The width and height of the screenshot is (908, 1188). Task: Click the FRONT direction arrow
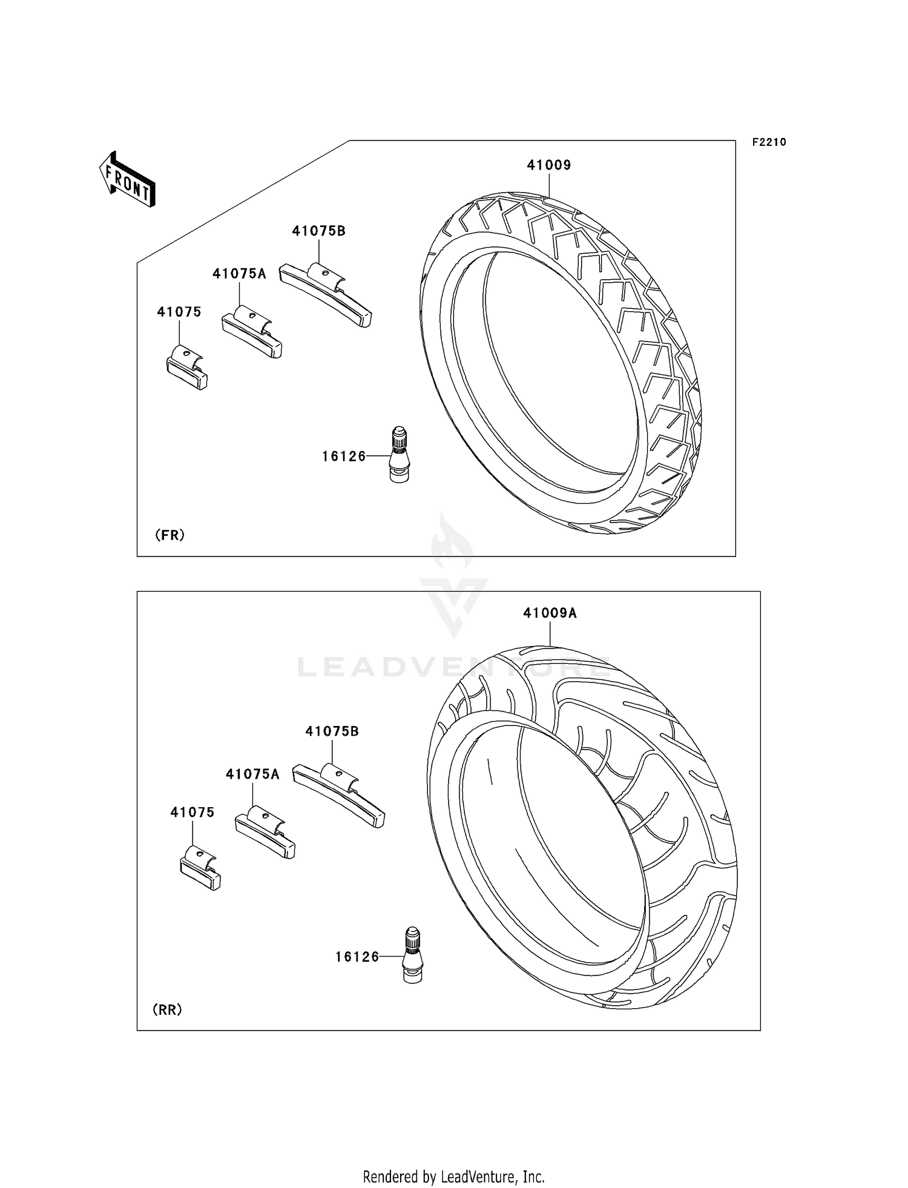coord(128,180)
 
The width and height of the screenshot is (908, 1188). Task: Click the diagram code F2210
coord(769,142)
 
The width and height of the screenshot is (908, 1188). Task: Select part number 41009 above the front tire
coord(548,165)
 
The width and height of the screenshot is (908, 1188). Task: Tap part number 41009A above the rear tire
coord(550,613)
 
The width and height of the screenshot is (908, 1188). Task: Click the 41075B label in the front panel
coord(318,231)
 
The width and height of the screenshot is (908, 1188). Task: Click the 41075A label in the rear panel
coord(252,774)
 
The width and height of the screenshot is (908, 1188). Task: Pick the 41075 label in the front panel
coord(179,312)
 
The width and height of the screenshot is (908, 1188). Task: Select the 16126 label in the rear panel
coord(357,957)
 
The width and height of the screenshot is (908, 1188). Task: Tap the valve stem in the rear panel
coord(412,955)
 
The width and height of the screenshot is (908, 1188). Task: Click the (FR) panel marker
coord(169,535)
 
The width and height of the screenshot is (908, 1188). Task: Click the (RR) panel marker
coord(167,1010)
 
